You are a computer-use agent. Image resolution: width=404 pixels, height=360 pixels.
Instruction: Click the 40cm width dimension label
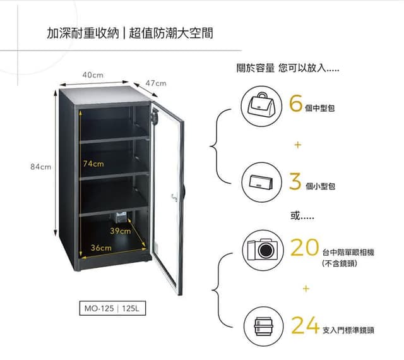93,75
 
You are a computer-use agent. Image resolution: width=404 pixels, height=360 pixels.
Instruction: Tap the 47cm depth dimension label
156,83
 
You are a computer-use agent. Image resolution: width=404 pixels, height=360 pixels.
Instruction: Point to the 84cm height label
40,167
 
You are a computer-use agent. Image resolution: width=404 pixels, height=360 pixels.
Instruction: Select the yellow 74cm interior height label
93,164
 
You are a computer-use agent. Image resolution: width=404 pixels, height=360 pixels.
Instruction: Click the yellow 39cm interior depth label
121,231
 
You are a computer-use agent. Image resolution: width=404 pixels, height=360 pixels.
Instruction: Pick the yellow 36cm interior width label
101,248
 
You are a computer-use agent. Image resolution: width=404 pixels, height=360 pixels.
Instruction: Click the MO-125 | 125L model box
112,308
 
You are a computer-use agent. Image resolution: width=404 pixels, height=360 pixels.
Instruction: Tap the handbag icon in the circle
261,107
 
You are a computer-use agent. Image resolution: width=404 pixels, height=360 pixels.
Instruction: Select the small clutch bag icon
261,183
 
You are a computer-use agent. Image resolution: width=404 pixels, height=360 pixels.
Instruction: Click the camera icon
263,249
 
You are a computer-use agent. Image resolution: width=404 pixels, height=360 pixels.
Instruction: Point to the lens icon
263,327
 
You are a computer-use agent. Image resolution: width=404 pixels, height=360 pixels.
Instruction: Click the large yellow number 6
295,103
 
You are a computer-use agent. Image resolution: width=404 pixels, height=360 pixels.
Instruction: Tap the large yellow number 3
295,181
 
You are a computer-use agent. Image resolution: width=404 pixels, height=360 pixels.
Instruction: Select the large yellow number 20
304,247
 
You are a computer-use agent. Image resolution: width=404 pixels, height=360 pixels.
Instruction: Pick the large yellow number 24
306,325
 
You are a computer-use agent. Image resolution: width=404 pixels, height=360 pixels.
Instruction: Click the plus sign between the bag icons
297,145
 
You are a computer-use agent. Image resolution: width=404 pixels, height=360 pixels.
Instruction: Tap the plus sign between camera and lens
306,288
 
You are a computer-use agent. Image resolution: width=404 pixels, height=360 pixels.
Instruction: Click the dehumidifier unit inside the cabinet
121,217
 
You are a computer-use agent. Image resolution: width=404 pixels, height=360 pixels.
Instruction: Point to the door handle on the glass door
174,198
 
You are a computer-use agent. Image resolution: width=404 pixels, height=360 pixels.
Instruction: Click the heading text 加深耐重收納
83,33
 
